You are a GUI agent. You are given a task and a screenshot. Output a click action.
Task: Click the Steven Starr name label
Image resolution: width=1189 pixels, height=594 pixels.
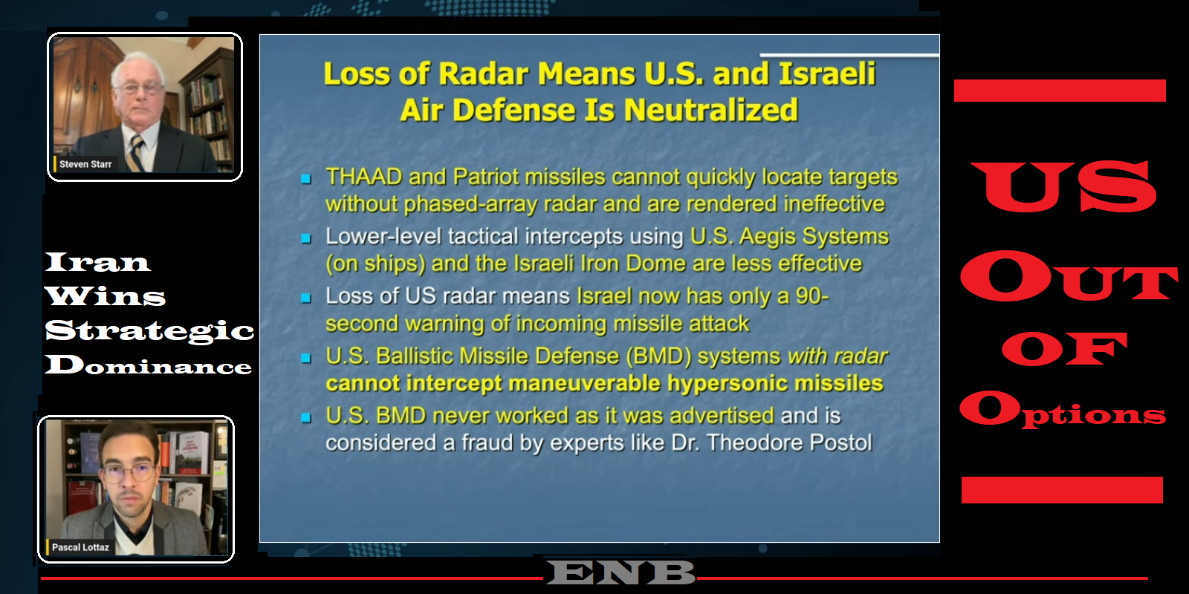(x=85, y=164)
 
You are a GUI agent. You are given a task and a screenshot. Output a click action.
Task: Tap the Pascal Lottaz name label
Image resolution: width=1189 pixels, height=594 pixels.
(x=80, y=547)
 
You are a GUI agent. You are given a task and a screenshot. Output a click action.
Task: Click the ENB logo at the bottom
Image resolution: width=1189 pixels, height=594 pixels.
(x=621, y=572)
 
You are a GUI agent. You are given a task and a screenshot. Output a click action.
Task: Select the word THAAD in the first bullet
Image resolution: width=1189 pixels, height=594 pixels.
(x=363, y=177)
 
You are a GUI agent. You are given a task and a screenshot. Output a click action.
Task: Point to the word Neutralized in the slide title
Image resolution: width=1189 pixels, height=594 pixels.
(x=711, y=111)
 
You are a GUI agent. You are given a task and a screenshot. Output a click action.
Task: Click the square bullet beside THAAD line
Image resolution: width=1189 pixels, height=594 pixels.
(x=305, y=179)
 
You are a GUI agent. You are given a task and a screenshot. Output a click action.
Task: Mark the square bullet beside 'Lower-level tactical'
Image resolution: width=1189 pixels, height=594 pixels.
(x=305, y=238)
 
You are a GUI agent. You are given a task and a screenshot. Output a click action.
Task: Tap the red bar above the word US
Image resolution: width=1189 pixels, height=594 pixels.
(x=1060, y=91)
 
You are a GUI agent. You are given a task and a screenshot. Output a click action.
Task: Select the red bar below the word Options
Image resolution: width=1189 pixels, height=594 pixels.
(x=1062, y=490)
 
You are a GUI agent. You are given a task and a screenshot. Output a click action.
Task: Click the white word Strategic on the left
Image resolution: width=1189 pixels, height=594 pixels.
(x=149, y=331)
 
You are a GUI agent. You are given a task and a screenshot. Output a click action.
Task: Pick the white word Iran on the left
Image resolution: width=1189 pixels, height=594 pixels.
(x=97, y=262)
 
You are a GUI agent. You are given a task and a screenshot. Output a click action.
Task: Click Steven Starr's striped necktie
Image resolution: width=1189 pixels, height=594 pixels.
(x=135, y=153)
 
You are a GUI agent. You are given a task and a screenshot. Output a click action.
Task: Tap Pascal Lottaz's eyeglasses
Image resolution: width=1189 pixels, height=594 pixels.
(x=128, y=471)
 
